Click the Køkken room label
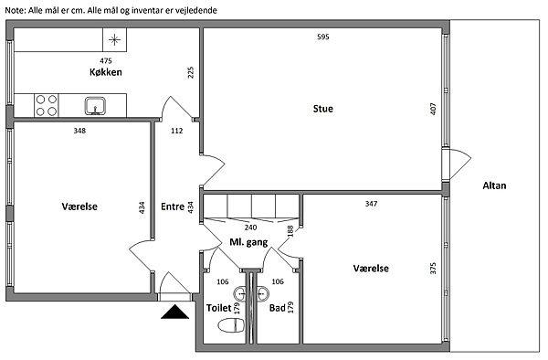pyautogui.click(x=106, y=72)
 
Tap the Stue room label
pyautogui.click(x=323, y=109)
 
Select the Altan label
pyautogui.click(x=494, y=185)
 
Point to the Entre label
pyautogui.click(x=173, y=206)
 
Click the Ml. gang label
pyautogui.click(x=248, y=242)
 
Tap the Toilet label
pyautogui.click(x=219, y=308)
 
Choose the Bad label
pyautogui.click(x=277, y=308)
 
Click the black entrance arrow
pyautogui.click(x=174, y=312)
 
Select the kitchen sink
pyautogui.click(x=95, y=106)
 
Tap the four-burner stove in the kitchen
pyautogui.click(x=47, y=105)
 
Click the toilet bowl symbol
pyautogui.click(x=231, y=326)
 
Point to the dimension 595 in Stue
pyautogui.click(x=323, y=37)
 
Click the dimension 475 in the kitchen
pyautogui.click(x=106, y=61)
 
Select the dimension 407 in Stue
pyautogui.click(x=433, y=109)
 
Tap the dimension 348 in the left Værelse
pyautogui.click(x=79, y=131)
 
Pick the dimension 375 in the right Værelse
pyautogui.click(x=433, y=269)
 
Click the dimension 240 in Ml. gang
pyautogui.click(x=250, y=228)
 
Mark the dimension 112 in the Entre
pyautogui.click(x=177, y=131)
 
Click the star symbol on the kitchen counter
pyautogui.click(x=114, y=40)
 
